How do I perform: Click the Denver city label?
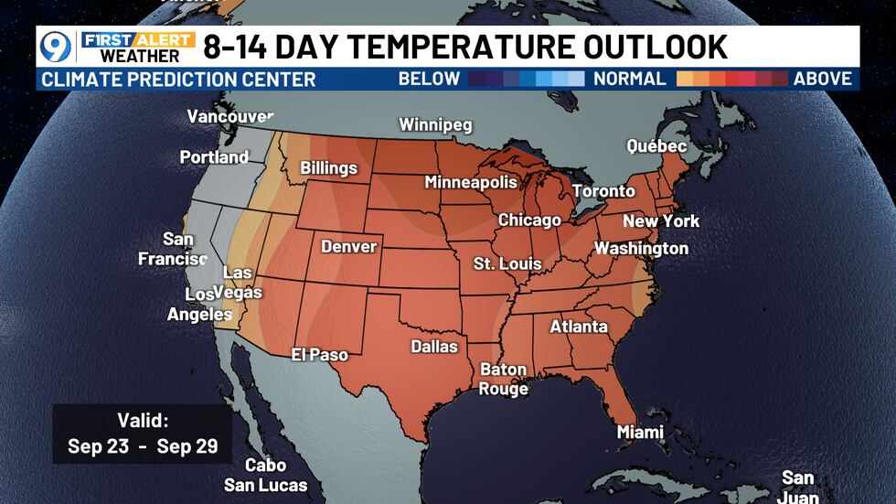(x=348, y=247)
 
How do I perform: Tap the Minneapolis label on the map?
(x=471, y=183)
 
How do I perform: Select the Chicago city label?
(x=529, y=220)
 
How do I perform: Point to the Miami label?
(x=640, y=432)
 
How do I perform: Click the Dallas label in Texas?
(x=434, y=347)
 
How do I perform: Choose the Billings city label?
(x=329, y=168)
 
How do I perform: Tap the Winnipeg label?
(x=435, y=124)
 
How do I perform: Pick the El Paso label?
(x=319, y=354)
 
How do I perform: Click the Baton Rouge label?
(x=503, y=380)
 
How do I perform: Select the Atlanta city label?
(x=578, y=327)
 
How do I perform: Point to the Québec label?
(x=656, y=146)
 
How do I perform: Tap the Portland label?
(x=214, y=157)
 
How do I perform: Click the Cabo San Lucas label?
(x=265, y=476)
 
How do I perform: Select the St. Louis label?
(x=507, y=263)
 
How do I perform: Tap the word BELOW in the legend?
(x=429, y=79)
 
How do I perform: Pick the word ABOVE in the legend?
(x=822, y=79)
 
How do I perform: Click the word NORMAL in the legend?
(x=630, y=79)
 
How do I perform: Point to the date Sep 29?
(x=187, y=447)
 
